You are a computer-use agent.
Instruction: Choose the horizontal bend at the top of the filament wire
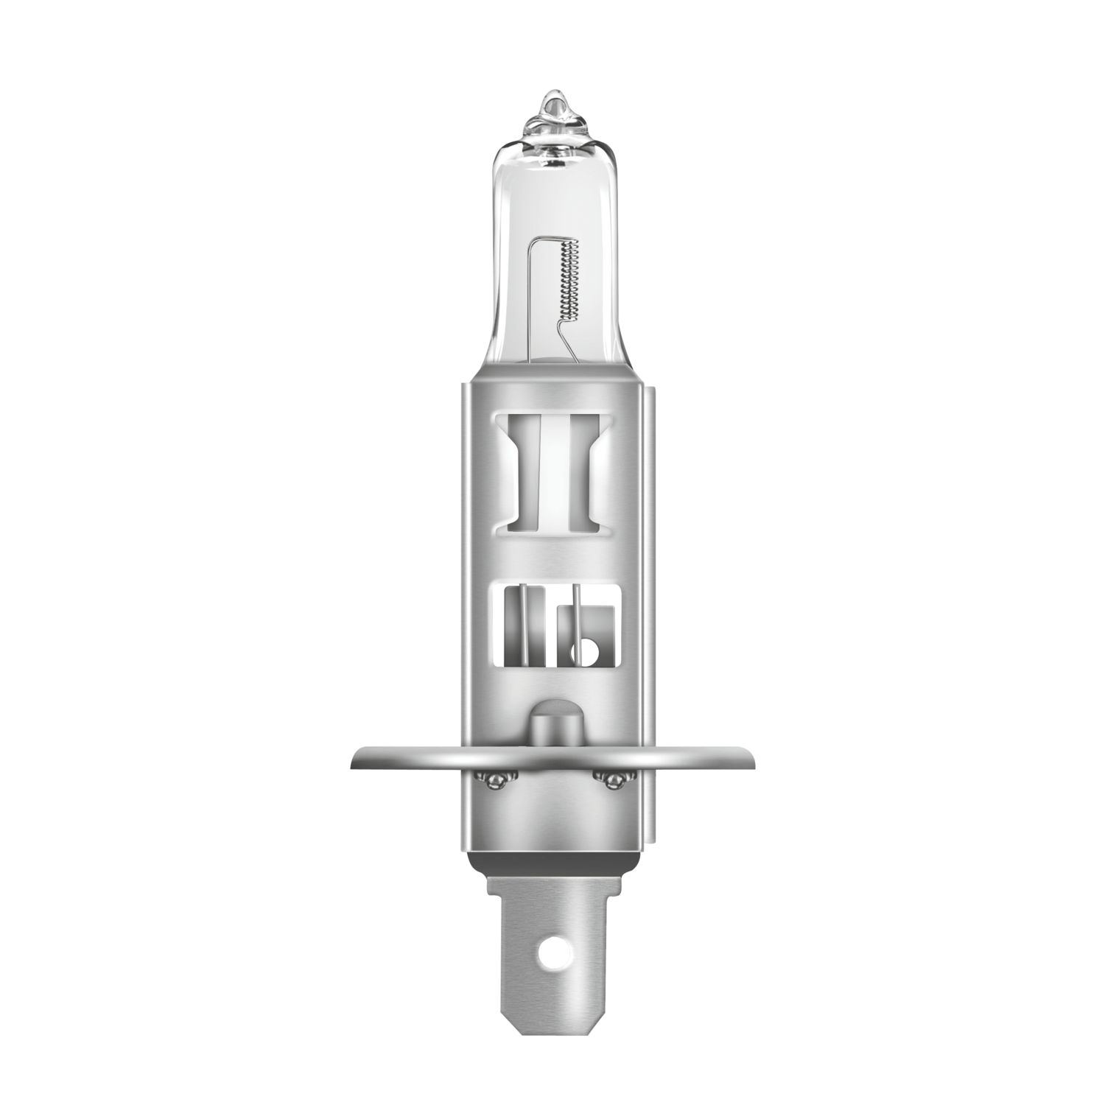[x=552, y=239]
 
